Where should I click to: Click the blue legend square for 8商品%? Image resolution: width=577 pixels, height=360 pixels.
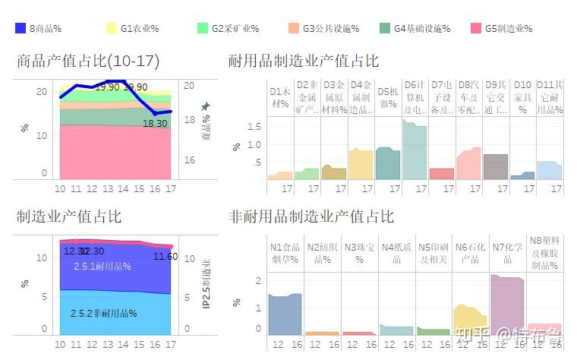[20, 28]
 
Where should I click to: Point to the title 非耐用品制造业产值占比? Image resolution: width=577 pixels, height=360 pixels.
[311, 217]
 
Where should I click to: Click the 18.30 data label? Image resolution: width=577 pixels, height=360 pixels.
[155, 123]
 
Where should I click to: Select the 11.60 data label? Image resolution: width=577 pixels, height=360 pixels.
[166, 257]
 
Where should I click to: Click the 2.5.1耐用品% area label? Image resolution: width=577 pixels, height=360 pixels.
[102, 267]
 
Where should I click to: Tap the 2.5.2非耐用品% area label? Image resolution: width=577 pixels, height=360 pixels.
[103, 314]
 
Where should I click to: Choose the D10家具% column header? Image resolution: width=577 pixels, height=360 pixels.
[522, 97]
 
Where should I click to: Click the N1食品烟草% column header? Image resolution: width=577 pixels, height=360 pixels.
[285, 253]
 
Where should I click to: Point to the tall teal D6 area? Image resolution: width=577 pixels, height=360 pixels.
[415, 152]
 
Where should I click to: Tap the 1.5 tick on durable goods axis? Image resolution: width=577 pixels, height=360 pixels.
[254, 126]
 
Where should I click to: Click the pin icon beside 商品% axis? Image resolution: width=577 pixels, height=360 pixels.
[205, 106]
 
